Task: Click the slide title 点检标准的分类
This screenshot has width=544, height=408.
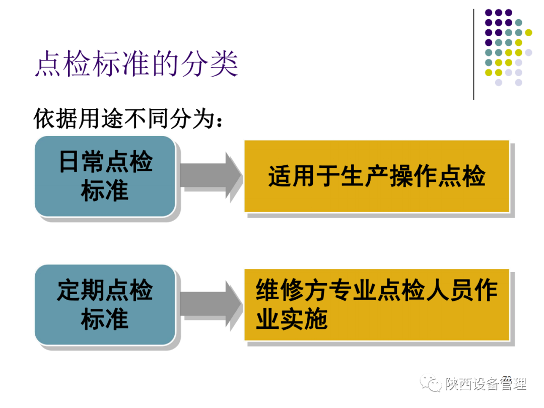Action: click(x=137, y=64)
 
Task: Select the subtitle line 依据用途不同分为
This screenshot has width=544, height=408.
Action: click(x=128, y=119)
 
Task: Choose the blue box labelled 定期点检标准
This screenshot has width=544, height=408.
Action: click(x=105, y=305)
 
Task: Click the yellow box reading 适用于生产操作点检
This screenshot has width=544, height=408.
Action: click(x=376, y=176)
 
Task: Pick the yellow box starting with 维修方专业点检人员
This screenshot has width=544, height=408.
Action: click(x=376, y=305)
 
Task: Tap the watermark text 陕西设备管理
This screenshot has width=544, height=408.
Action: click(x=486, y=384)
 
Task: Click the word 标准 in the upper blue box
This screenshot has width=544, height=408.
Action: click(x=105, y=191)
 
